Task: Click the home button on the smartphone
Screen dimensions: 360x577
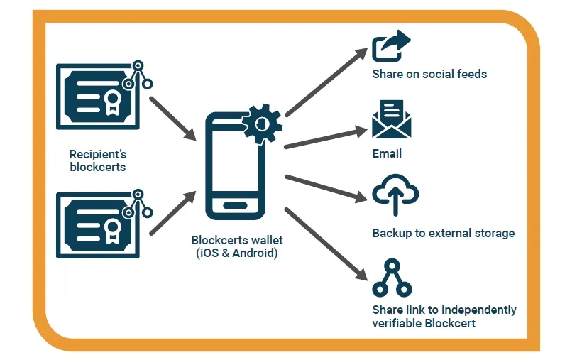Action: (x=235, y=206)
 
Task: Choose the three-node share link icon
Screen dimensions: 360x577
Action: (x=392, y=278)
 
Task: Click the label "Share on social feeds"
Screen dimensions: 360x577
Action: (x=429, y=74)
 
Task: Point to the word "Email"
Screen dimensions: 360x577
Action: (x=387, y=153)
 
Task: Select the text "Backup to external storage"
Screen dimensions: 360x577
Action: (x=443, y=233)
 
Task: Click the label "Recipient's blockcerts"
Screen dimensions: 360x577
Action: (x=98, y=160)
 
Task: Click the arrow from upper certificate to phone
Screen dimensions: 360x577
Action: (x=172, y=115)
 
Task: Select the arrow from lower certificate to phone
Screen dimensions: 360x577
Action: (x=172, y=212)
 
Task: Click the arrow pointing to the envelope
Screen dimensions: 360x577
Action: (x=323, y=138)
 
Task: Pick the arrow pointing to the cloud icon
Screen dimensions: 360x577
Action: (x=323, y=187)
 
